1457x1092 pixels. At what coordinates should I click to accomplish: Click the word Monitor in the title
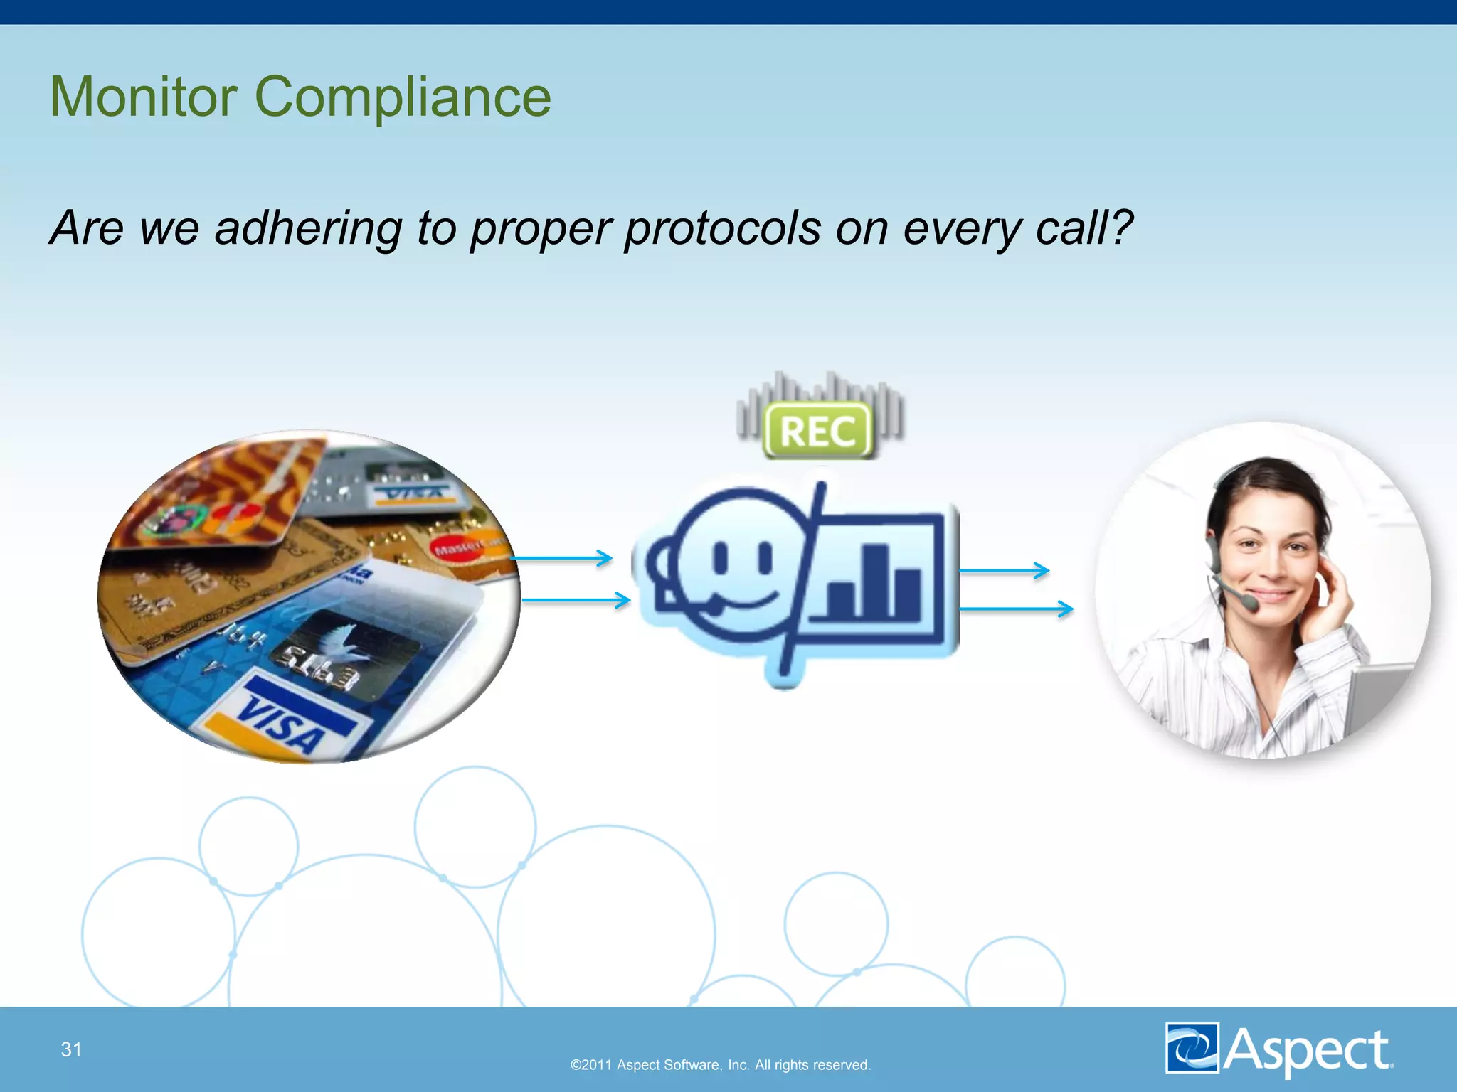[143, 97]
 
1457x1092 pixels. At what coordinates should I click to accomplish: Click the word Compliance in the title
[403, 98]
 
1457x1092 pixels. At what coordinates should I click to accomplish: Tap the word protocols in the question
[722, 228]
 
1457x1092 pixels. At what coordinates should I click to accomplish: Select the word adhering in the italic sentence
[308, 228]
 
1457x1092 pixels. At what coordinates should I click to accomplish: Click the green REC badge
[818, 430]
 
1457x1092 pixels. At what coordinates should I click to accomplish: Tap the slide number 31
[71, 1049]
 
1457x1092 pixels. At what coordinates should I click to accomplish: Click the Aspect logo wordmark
[1308, 1049]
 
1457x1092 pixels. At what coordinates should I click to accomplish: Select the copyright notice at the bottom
[721, 1065]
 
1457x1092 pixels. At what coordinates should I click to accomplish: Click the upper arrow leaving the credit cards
[562, 558]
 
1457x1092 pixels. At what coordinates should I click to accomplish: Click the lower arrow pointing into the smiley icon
[576, 601]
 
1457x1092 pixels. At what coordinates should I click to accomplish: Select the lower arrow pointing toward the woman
[1016, 609]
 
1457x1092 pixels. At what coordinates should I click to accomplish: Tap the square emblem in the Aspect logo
[1192, 1048]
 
